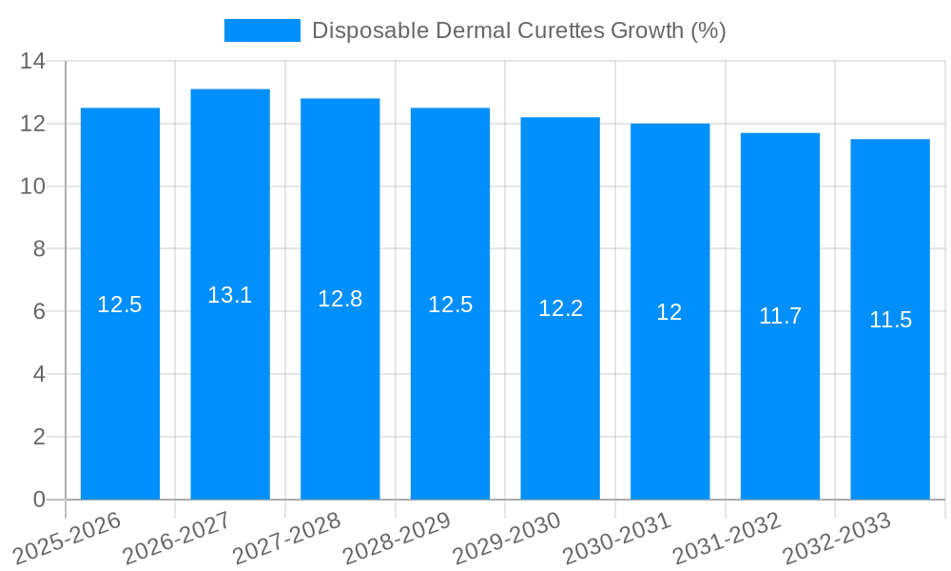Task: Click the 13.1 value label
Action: pos(230,295)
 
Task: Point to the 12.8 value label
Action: pos(340,299)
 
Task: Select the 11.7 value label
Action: pos(780,316)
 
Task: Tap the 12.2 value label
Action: pos(560,308)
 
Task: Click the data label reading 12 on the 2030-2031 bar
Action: pos(670,312)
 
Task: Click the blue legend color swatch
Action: pos(262,30)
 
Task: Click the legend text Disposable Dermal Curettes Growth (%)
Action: pos(518,30)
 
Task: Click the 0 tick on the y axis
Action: pos(39,500)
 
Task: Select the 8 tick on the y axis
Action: pos(39,249)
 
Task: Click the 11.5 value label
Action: pos(890,320)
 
